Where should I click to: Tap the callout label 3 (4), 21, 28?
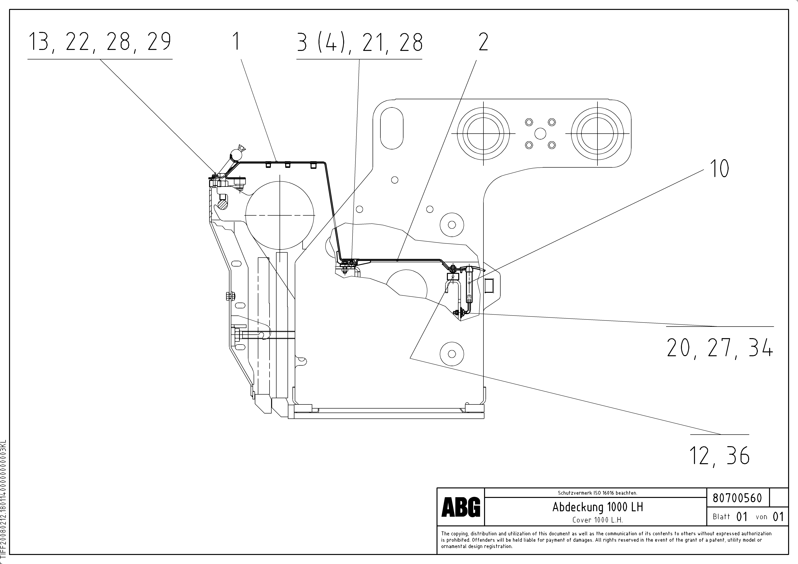[x=359, y=42]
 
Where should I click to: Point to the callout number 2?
[x=483, y=42]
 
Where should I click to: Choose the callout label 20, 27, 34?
[x=719, y=348]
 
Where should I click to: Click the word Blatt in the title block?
[x=721, y=517]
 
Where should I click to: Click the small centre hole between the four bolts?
[x=540, y=133]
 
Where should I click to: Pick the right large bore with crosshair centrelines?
[x=597, y=133]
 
